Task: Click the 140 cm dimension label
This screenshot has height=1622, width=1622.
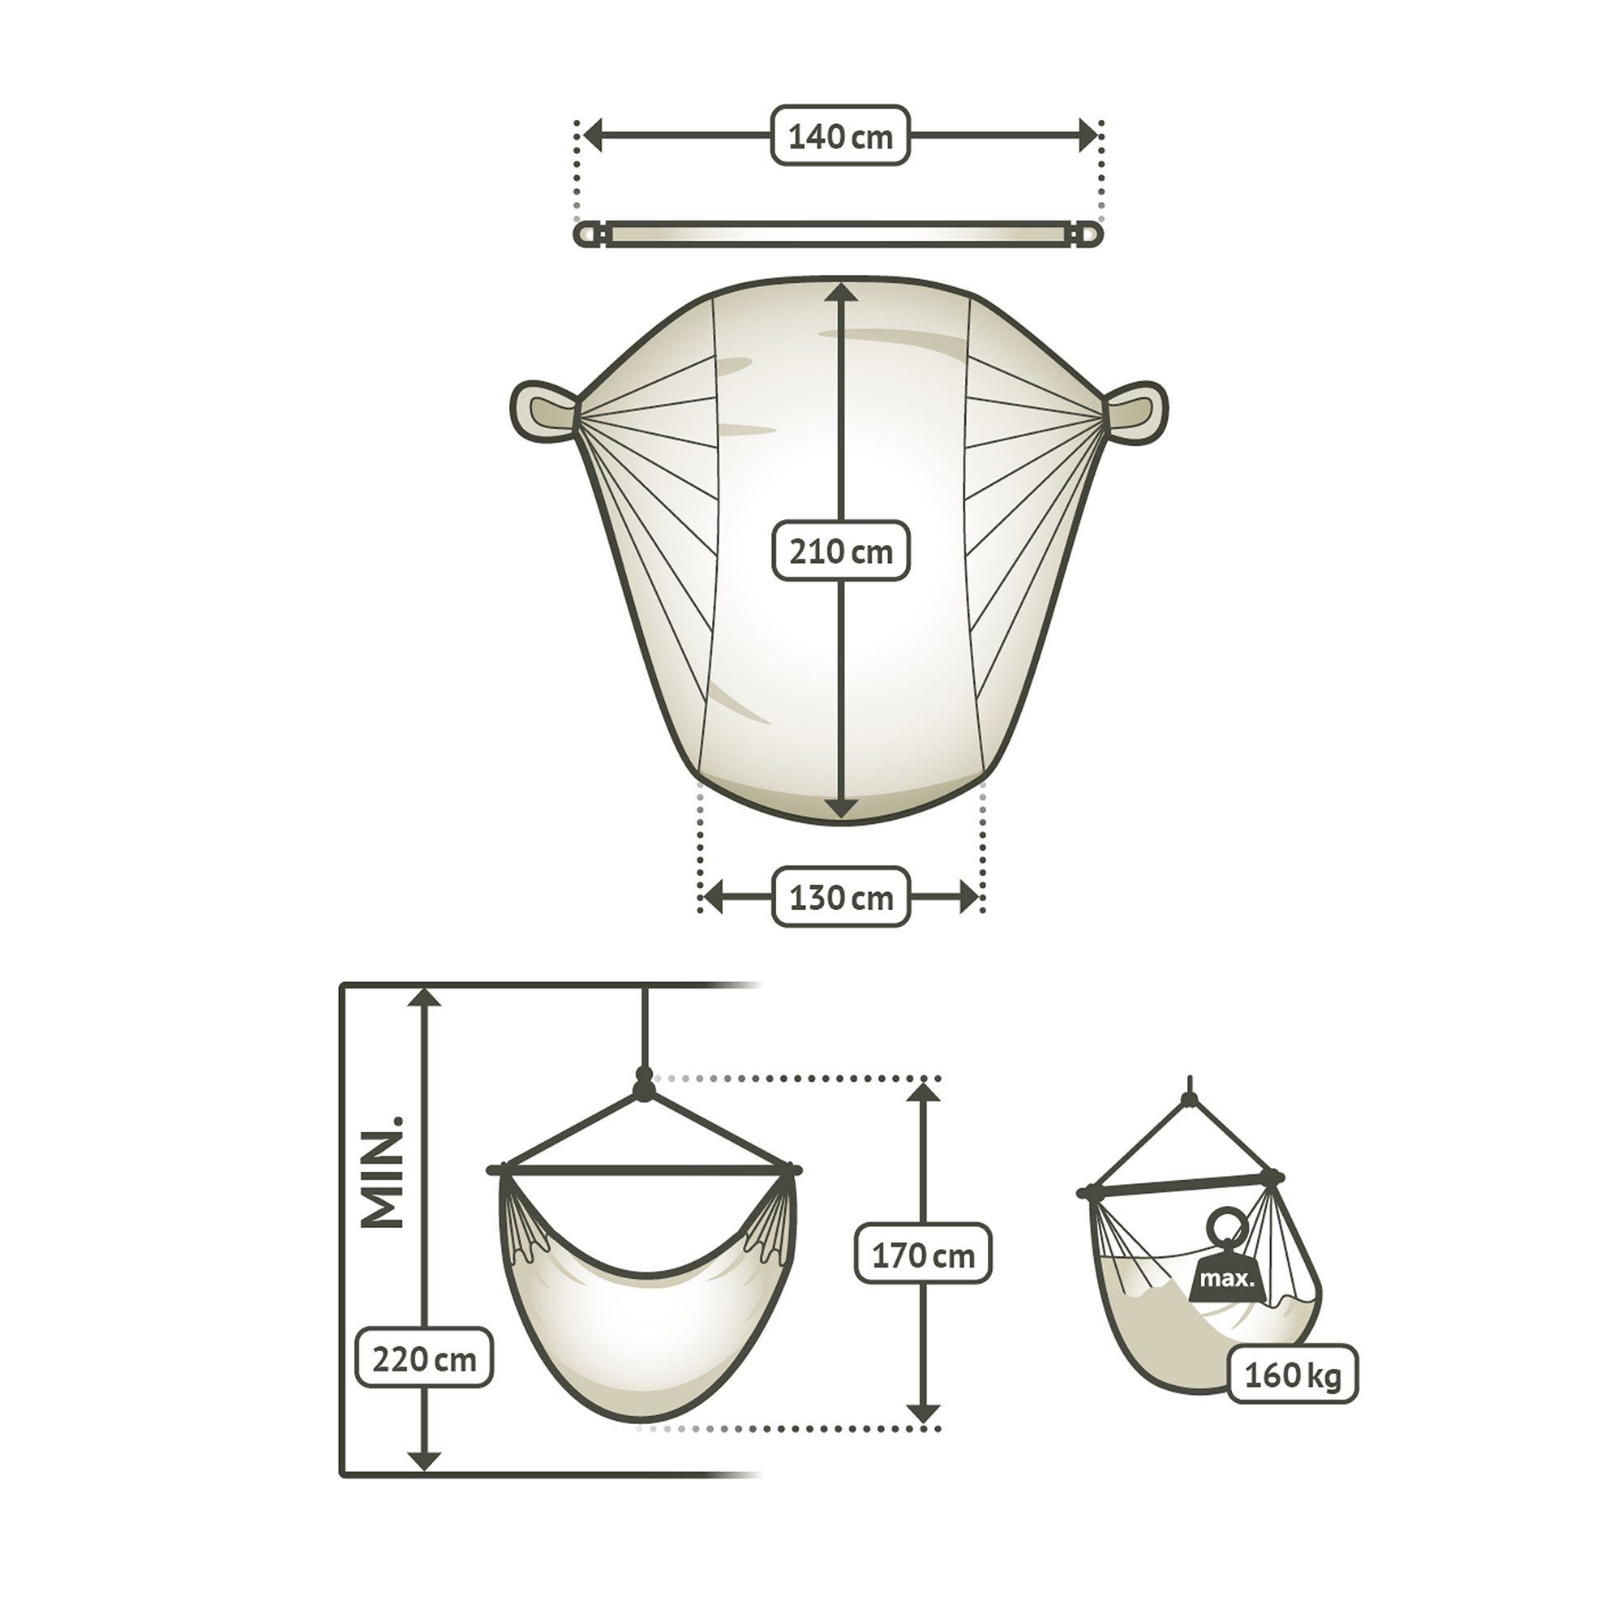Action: (x=840, y=135)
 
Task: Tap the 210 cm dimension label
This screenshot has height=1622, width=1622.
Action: (x=840, y=551)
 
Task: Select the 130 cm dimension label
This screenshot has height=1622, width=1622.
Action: (x=840, y=897)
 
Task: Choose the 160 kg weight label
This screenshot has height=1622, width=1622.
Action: (x=1293, y=1376)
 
